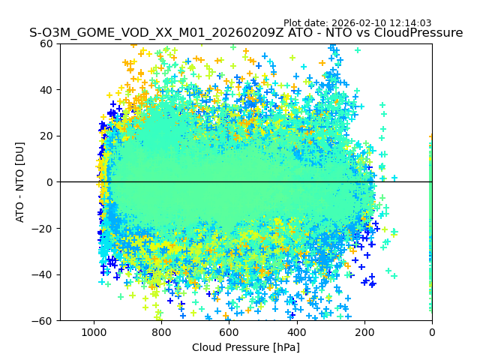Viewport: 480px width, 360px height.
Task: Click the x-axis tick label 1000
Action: pos(94,332)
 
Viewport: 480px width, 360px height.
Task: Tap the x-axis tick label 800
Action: pos(161,332)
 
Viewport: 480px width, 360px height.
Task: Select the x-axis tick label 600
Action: pos(229,332)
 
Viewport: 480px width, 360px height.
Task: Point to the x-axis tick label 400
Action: pos(296,332)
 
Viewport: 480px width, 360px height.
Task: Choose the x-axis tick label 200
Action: pos(364,332)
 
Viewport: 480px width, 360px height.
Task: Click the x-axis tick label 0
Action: pos(432,332)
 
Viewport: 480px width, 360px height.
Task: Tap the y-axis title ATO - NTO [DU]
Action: pos(20,182)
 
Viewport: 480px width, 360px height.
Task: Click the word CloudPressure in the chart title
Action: pos(418,33)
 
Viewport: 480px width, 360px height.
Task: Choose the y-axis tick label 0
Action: pos(51,182)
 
